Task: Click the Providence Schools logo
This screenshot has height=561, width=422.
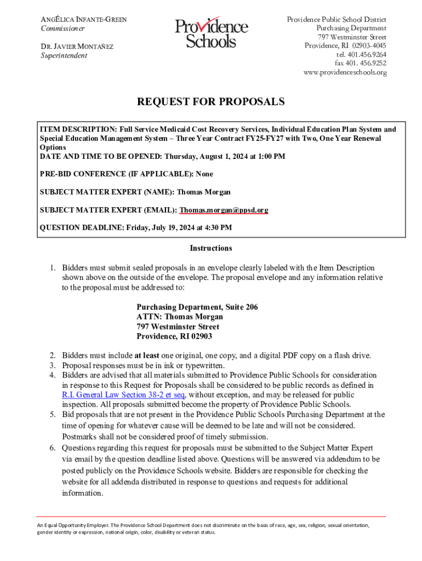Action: [x=211, y=33]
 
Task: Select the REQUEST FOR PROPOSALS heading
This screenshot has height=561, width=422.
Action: [x=210, y=102]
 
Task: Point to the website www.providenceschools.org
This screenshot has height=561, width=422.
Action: [x=345, y=72]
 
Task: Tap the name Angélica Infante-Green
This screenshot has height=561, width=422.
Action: [x=84, y=20]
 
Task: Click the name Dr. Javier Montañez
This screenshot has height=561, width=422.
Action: [x=77, y=47]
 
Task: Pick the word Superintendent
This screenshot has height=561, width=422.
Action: [x=64, y=55]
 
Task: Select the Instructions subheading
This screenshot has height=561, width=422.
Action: [x=211, y=248]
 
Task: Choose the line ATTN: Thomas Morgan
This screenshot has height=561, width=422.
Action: [x=180, y=317]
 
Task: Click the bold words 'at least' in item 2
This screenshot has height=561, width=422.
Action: [x=147, y=355]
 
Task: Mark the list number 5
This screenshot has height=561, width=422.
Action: [x=52, y=415]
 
